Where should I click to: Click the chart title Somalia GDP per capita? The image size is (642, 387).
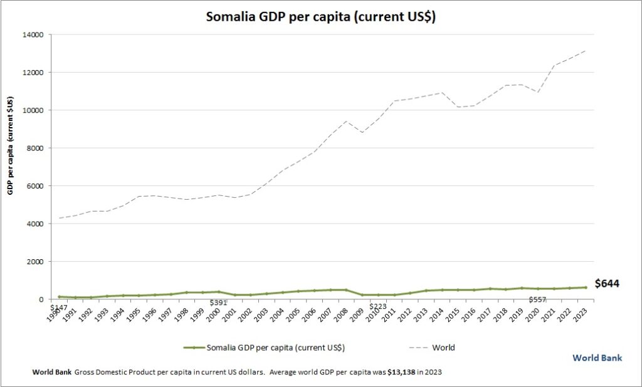320,17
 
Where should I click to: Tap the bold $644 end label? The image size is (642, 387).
606,284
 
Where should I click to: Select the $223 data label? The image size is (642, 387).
377,306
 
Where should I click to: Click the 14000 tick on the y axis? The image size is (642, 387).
33,34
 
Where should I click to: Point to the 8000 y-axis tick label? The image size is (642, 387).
35,148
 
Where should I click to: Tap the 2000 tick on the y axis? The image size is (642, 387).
35,262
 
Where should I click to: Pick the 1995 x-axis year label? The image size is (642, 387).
132,312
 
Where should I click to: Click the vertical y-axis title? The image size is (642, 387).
11,145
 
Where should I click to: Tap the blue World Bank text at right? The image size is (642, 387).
597,358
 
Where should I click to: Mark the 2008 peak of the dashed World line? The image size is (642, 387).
345,121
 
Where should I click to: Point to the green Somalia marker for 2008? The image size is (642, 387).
345,290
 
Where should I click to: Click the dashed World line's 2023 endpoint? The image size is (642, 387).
586,51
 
